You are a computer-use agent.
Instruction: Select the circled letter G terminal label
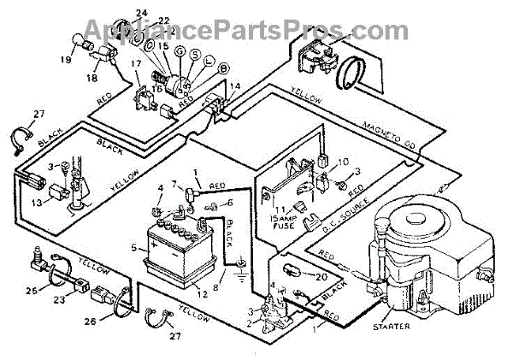click(x=178, y=52)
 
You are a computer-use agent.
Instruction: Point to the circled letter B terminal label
click(x=199, y=68)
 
